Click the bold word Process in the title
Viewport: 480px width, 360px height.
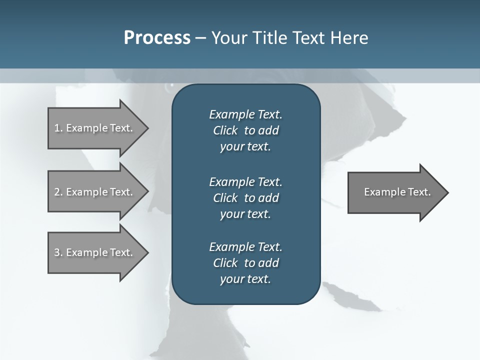157,38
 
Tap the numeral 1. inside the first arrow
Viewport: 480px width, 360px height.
58,128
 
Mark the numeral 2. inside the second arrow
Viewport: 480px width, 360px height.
58,192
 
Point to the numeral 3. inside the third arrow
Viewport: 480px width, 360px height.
58,252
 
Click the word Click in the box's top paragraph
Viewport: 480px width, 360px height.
225,131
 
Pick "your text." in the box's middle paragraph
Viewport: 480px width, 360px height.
245,214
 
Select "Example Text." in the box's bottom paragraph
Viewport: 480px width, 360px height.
245,247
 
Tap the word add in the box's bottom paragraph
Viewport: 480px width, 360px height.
269,263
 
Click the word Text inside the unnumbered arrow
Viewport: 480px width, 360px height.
419,192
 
